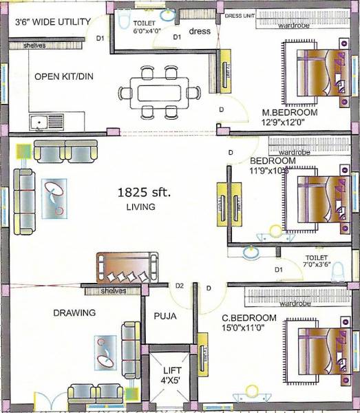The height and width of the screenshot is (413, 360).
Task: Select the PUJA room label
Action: click(x=167, y=317)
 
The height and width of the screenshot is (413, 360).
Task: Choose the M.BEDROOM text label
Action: click(x=289, y=112)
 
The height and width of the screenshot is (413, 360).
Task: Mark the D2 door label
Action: click(x=180, y=285)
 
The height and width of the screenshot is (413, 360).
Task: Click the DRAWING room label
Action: click(x=74, y=313)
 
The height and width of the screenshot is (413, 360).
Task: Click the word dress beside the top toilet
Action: click(x=200, y=31)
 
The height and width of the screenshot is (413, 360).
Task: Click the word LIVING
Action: click(x=140, y=206)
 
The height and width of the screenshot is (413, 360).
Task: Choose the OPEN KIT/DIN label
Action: click(x=63, y=76)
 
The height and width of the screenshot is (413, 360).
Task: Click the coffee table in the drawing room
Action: click(x=106, y=352)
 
